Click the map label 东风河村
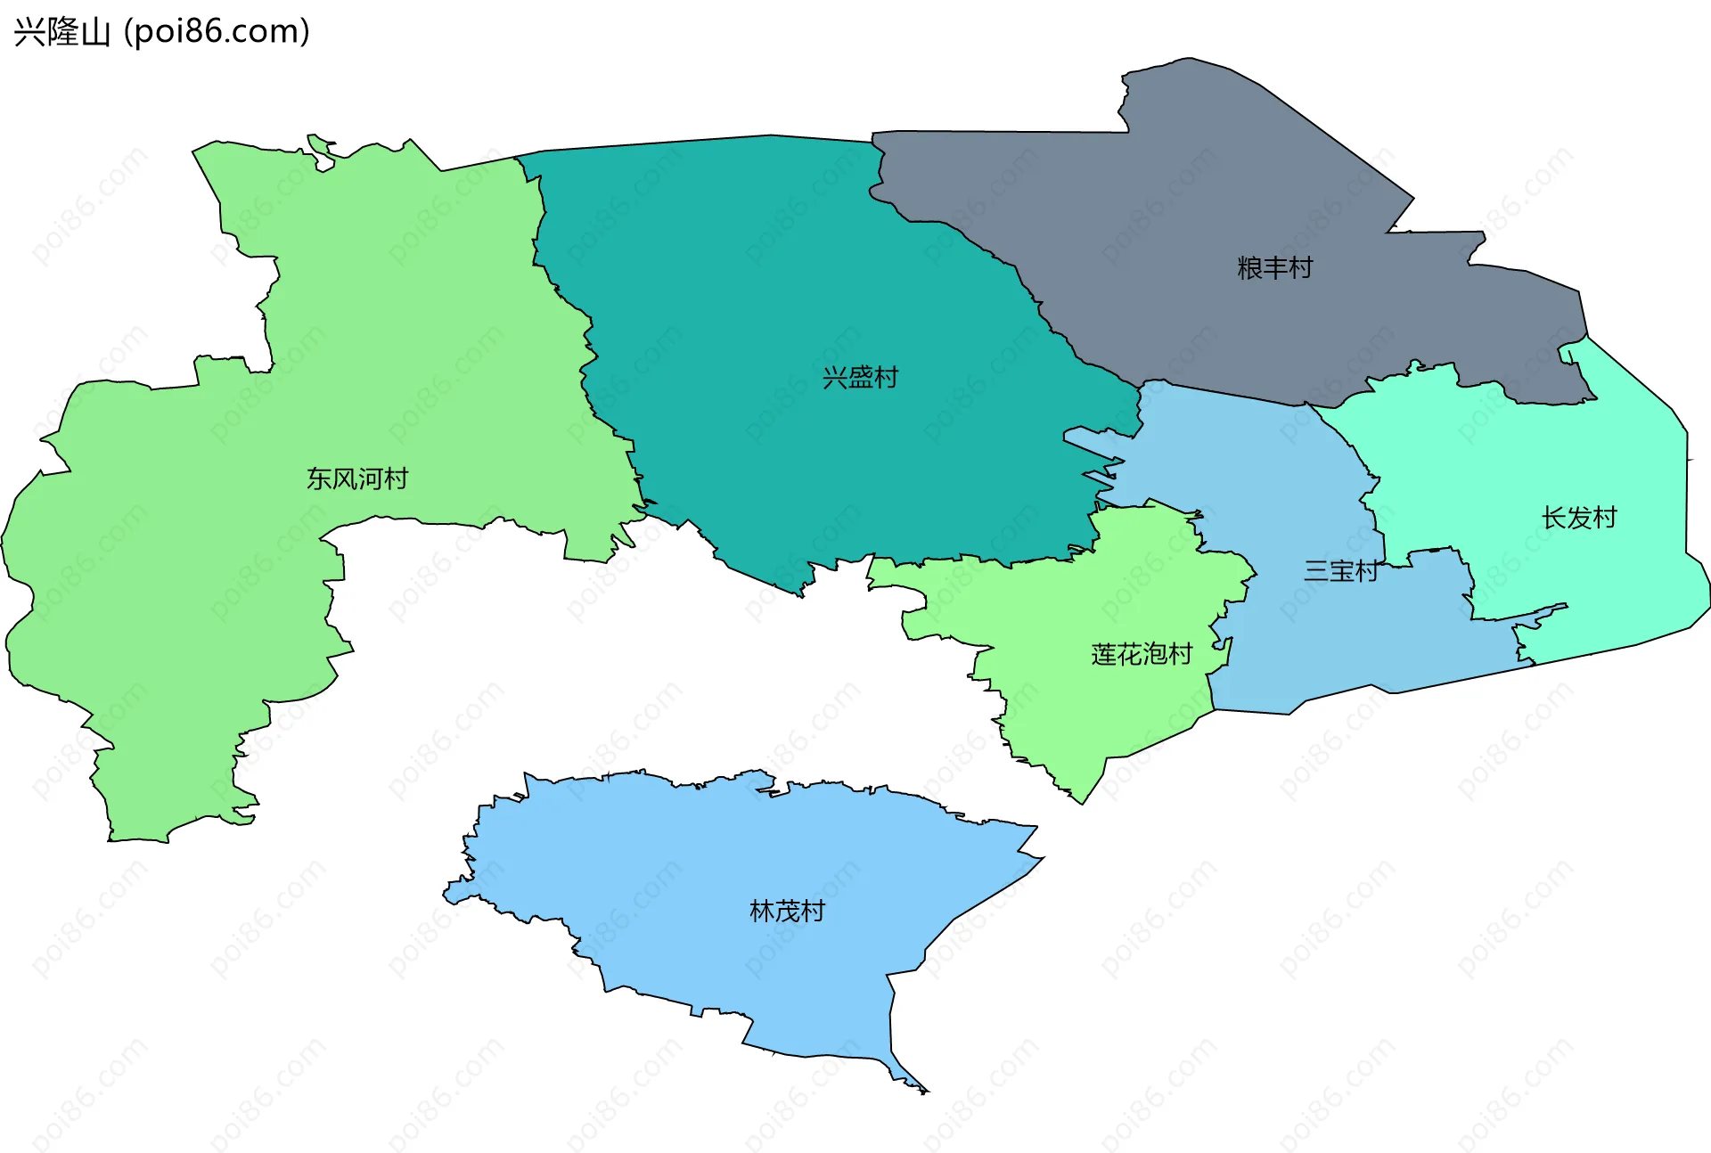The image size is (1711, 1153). point(357,478)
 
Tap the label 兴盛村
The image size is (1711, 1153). point(860,378)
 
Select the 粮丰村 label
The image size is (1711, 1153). point(1274,267)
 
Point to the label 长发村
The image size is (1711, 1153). point(1579,518)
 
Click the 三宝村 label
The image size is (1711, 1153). point(1341,571)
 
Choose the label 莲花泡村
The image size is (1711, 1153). point(1142,655)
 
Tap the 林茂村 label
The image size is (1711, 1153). point(788,911)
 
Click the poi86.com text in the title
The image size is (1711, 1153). point(217,32)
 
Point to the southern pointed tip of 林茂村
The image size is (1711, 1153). point(925,1092)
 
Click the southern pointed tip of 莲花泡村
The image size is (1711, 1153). point(1082,803)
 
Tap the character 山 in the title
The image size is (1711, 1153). point(95,33)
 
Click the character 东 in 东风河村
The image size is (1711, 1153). point(319,478)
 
